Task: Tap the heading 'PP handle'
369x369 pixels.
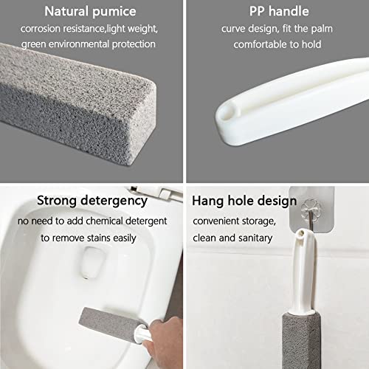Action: click(277, 11)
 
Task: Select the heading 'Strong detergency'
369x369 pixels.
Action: click(92, 200)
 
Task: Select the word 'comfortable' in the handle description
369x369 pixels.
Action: click(261, 44)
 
